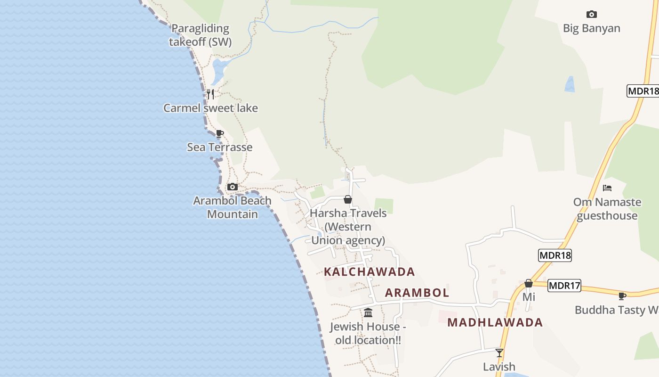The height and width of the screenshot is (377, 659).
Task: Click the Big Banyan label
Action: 591,28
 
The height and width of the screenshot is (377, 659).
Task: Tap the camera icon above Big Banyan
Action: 592,14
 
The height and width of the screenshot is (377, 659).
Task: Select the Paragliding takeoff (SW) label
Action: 201,35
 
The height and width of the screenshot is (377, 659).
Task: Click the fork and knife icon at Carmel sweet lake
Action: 210,94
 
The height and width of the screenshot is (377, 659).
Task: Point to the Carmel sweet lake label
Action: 210,108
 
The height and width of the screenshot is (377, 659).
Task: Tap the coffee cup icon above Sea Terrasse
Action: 219,133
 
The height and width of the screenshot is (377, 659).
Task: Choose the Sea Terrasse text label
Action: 220,147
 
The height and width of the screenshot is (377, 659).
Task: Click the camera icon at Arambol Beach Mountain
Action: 233,187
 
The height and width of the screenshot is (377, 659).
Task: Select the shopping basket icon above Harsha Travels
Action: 348,199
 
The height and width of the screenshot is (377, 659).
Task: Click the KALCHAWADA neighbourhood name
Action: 370,272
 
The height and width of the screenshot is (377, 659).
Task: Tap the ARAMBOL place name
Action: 417,293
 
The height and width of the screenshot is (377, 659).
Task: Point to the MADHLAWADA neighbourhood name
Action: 495,322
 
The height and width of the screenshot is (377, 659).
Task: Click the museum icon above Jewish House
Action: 368,312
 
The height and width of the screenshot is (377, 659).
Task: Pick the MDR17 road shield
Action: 564,286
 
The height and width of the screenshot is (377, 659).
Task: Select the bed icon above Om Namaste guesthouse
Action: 607,188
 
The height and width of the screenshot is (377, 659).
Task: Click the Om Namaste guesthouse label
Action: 607,209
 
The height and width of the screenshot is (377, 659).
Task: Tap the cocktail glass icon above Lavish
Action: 499,352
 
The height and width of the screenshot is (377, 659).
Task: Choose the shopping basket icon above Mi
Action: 529,283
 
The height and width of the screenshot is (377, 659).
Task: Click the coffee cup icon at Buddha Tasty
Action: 622,296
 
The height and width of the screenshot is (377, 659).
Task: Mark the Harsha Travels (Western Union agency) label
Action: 348,227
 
